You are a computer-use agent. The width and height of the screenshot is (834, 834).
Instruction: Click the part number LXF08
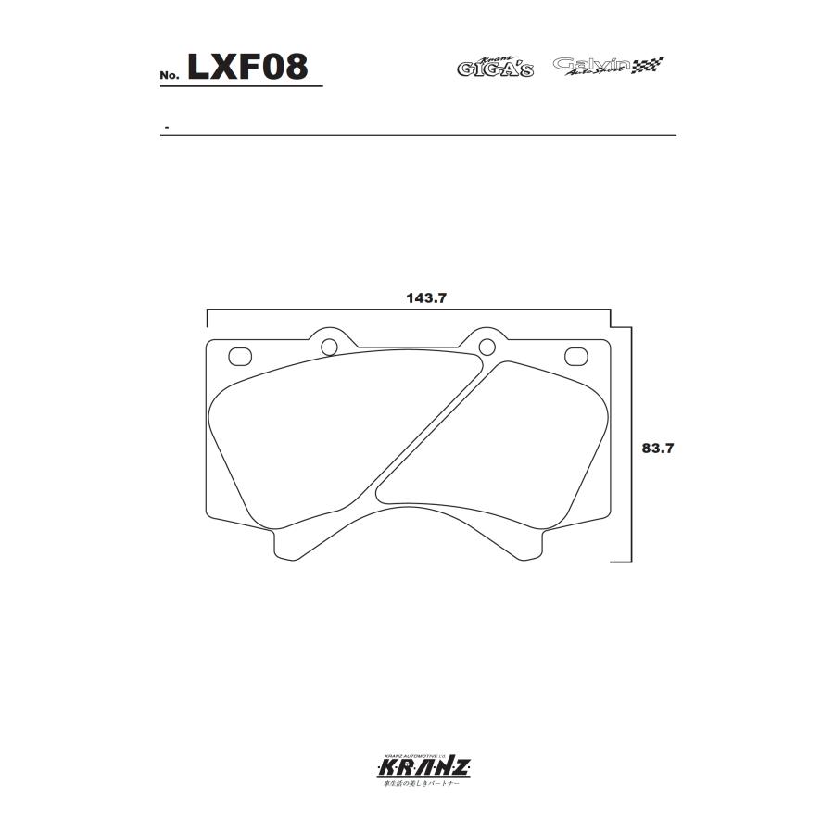click(x=246, y=67)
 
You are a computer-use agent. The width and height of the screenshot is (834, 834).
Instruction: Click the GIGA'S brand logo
click(x=496, y=67)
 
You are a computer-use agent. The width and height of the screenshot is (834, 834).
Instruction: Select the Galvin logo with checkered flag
click(x=609, y=66)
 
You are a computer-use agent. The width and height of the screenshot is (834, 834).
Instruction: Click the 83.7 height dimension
click(x=656, y=448)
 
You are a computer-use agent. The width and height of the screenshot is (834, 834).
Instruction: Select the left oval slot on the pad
click(x=240, y=355)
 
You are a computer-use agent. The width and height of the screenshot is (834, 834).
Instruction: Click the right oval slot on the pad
click(x=575, y=355)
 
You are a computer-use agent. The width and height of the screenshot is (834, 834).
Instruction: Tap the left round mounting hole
click(x=328, y=347)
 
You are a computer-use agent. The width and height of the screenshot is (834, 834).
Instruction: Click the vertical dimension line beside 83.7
click(x=631, y=445)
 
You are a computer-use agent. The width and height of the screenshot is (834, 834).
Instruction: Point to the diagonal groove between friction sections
click(x=432, y=426)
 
